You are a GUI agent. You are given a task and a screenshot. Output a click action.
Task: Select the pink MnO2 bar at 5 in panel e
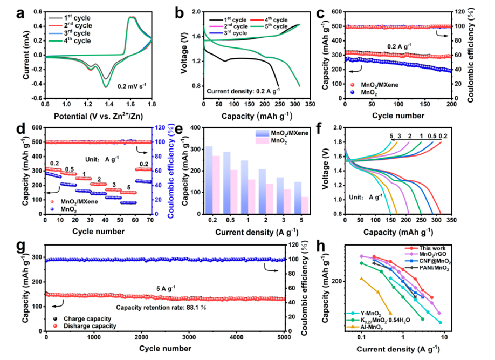coord(305,205)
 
